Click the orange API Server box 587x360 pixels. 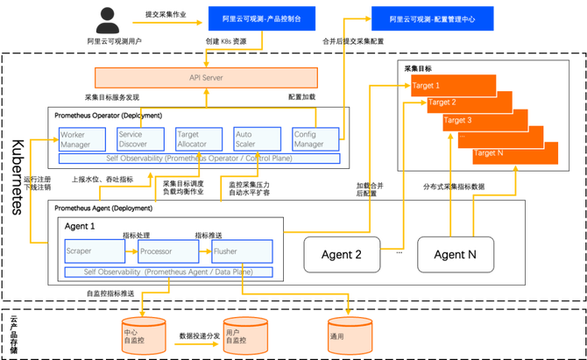(207, 77)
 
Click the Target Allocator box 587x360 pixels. (197, 139)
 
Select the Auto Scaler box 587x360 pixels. (255, 139)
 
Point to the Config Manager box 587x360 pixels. (315, 139)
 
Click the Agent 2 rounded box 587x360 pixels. (342, 255)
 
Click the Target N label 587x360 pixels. (488, 152)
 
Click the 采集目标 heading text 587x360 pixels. (417, 68)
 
